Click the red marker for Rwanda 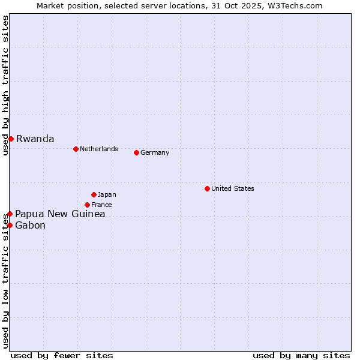point(11,139)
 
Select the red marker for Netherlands point(76,149)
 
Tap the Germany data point point(136,152)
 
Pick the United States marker point(207,188)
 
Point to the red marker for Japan point(94,194)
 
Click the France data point point(87,205)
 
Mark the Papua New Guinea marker point(10,214)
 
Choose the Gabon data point point(10,225)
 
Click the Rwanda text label point(35,139)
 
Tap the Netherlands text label point(98,149)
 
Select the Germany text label point(155,152)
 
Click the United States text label point(232,188)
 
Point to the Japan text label point(107,194)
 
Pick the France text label point(101,205)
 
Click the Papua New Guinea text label point(60,214)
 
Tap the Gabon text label point(30,226)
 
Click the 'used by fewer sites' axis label point(62,355)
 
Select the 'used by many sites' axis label point(301,355)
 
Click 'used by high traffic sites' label point(5,85)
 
